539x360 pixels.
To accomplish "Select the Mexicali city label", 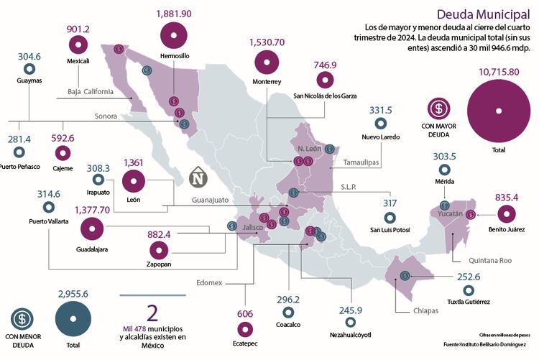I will click(78, 61).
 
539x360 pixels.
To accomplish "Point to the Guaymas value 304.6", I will click(29, 56).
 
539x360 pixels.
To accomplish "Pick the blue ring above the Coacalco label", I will click(287, 313).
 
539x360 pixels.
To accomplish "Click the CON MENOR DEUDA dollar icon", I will click(23, 317).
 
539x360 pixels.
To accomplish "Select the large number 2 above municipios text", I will click(152, 313).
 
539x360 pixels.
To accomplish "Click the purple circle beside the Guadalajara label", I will click(92, 229).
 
